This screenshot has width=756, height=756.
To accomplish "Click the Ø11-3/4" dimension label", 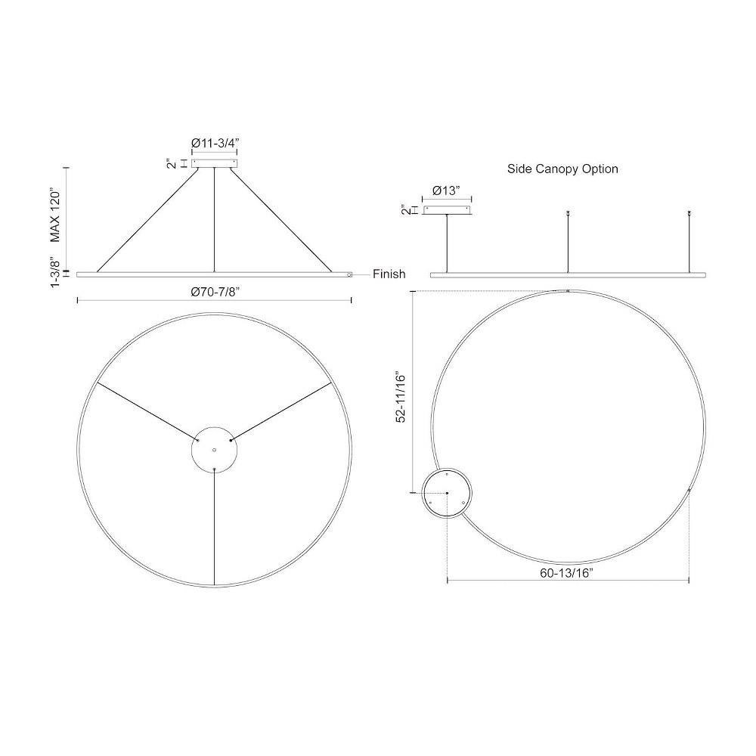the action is [x=215, y=143].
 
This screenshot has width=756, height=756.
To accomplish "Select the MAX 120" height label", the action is [x=56, y=216].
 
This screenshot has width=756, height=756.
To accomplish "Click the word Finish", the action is [x=389, y=274].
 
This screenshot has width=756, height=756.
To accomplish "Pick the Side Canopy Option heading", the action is [x=562, y=169].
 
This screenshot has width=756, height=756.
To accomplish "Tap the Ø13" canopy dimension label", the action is [x=446, y=191].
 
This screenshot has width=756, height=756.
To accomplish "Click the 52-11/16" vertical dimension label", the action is [x=401, y=396].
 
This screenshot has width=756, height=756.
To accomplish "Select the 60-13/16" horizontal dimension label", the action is [x=566, y=573].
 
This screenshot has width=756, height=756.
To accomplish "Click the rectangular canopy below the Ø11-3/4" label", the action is [x=215, y=163].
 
